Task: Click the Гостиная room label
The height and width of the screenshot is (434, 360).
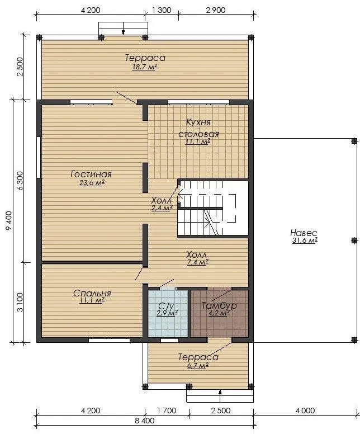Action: point(91,174)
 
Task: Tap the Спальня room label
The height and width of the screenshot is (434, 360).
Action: point(92,293)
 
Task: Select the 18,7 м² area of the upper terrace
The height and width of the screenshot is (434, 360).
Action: point(144,67)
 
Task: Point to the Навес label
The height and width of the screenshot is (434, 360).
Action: point(304,233)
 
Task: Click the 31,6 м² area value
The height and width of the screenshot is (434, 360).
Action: point(305,240)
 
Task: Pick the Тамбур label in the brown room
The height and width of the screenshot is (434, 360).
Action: point(219,305)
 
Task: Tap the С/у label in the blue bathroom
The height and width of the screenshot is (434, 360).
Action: point(166,306)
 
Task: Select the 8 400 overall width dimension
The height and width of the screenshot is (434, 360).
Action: point(145,421)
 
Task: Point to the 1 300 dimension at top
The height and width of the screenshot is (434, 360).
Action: point(162,10)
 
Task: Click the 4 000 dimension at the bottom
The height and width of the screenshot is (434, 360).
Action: point(305,411)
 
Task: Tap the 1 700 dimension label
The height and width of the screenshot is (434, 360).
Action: point(167,411)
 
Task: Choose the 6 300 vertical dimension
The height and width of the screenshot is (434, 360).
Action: point(20,181)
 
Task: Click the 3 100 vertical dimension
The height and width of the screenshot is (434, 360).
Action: point(20,302)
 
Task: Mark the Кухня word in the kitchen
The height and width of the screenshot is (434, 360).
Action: point(198,122)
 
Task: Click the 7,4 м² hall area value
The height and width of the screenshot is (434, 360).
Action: point(197,262)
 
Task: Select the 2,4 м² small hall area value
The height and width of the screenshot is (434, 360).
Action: point(162,208)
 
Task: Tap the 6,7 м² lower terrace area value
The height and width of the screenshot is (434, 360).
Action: point(197,366)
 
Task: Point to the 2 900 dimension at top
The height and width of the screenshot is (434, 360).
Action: point(216,10)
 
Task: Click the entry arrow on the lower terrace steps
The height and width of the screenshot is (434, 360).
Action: point(220,396)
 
